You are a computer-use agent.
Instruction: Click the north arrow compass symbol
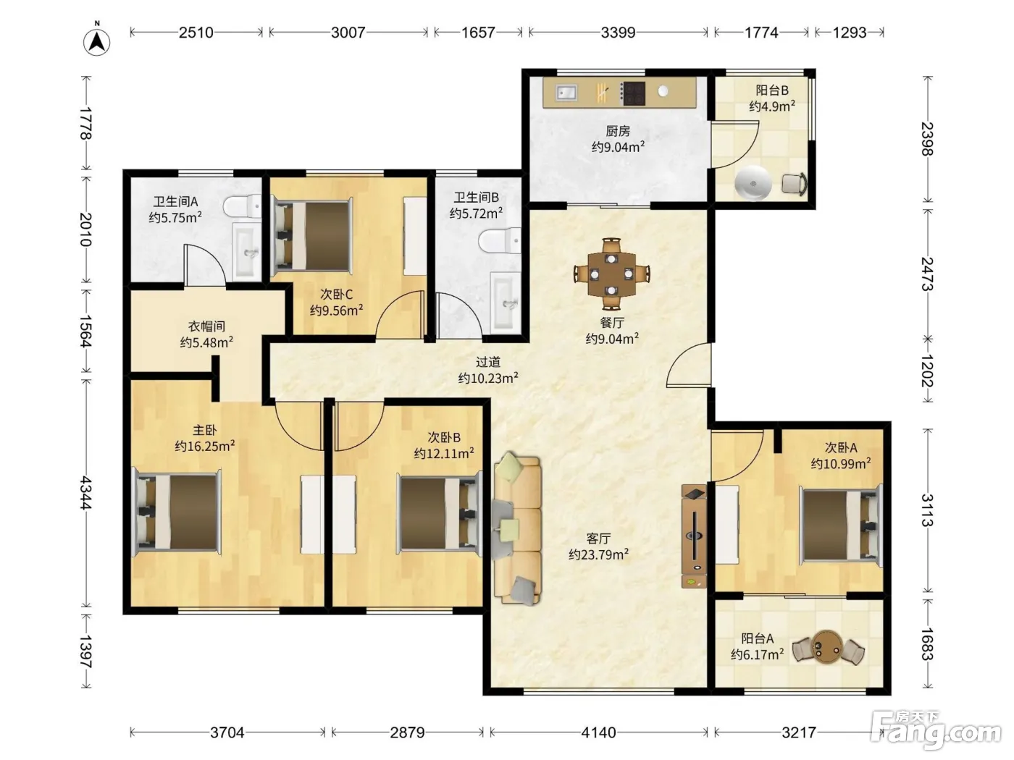[x=96, y=42]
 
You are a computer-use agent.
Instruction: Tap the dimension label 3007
[x=348, y=33]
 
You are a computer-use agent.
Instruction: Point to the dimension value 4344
[x=86, y=493]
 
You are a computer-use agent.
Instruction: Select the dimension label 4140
[x=598, y=732]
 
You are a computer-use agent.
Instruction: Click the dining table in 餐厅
[x=611, y=274]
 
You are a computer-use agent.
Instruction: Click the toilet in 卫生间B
[x=500, y=240]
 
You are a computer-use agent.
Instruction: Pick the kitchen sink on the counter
[x=566, y=93]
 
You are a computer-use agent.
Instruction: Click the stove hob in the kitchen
[x=633, y=93]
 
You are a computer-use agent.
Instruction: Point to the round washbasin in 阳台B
[x=753, y=182]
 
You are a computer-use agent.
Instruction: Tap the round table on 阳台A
[x=826, y=646]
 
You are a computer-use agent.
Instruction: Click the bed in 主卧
[x=177, y=512]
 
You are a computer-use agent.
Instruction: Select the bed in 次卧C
[x=313, y=235]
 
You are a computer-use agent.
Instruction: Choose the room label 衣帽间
[x=206, y=326]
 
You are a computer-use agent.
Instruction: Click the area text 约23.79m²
[x=598, y=554]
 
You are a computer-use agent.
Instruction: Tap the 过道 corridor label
[x=488, y=362]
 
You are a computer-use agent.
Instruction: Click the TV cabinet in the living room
[x=694, y=536]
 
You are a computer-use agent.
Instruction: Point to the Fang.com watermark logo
[x=936, y=730]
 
